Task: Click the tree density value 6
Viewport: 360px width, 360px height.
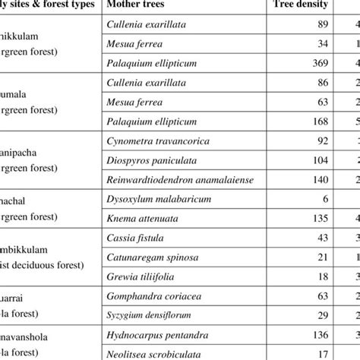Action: [326, 200]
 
